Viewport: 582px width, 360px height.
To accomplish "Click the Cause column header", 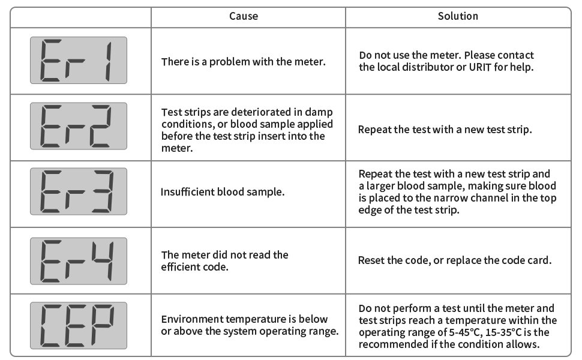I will [x=244, y=16].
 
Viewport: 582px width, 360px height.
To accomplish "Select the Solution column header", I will [x=458, y=16].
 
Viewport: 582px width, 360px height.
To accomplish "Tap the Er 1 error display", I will [x=79, y=61].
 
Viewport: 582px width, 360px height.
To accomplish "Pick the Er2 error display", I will [x=79, y=126].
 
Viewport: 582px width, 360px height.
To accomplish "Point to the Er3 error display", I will [x=79, y=191].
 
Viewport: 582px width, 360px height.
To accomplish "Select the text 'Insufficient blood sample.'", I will [x=223, y=192].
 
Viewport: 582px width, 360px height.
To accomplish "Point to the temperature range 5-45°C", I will [x=455, y=332].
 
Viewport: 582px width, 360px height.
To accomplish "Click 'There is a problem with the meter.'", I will [x=244, y=61].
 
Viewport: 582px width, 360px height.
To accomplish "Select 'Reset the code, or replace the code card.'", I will [x=455, y=260].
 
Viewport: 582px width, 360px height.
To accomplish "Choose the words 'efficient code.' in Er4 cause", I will [x=195, y=266].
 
